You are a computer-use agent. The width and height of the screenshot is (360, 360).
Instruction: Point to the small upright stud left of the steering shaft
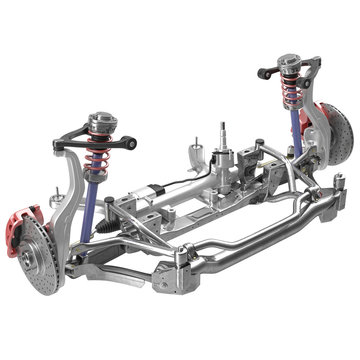tap(187, 150)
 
